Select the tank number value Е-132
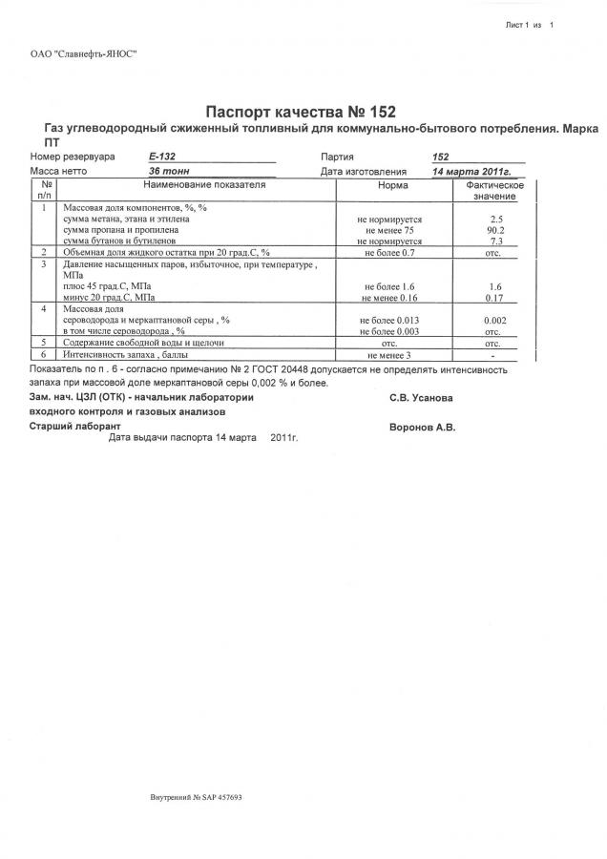point(162,157)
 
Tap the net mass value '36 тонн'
point(169,170)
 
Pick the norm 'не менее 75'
point(389,230)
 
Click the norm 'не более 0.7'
point(389,253)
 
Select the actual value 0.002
point(495,320)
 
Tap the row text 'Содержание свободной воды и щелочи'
point(143,342)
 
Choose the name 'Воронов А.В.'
point(423,428)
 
